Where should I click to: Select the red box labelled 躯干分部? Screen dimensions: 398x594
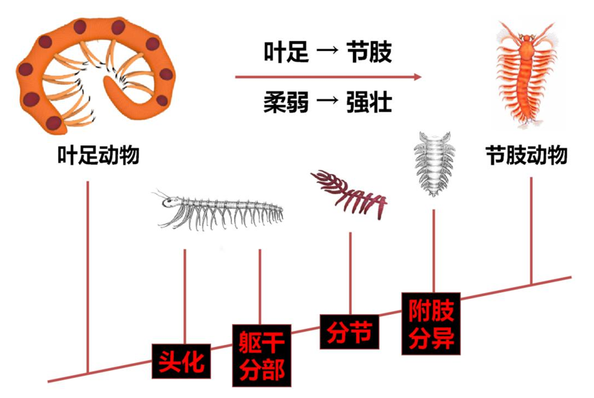tap(261, 355)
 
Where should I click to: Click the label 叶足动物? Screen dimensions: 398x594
tap(98, 156)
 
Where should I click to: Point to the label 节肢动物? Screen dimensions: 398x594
tap(526, 155)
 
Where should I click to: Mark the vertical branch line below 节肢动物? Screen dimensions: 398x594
tap(533, 230)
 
